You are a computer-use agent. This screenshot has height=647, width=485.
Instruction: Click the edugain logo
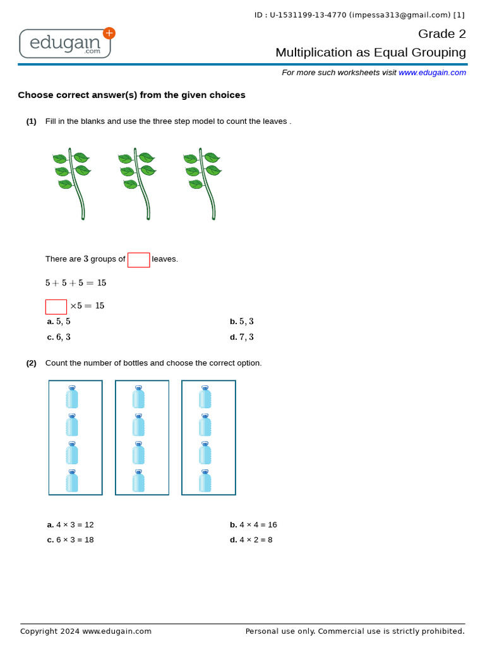click(x=65, y=43)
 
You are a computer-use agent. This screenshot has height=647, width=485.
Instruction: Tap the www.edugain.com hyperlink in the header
click(x=432, y=73)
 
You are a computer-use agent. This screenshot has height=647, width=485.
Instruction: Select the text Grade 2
click(x=441, y=34)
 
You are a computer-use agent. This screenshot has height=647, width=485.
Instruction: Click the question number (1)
click(x=31, y=121)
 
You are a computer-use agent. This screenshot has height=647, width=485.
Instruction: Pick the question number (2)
click(x=31, y=363)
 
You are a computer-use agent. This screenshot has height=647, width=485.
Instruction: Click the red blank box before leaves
click(x=138, y=260)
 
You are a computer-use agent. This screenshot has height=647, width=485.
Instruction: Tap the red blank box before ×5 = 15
click(x=56, y=306)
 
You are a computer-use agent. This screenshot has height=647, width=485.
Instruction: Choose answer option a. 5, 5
click(x=59, y=322)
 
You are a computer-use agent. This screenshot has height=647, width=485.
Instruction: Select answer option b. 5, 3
click(x=242, y=322)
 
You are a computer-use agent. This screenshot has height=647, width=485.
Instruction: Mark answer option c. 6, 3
click(x=59, y=337)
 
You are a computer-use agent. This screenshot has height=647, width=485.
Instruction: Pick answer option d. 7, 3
click(x=242, y=337)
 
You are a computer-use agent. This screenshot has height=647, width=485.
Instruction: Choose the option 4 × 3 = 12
click(x=71, y=525)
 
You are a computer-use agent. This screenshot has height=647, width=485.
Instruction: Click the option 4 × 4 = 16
click(x=254, y=525)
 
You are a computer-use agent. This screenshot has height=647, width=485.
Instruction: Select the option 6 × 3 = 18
click(x=71, y=540)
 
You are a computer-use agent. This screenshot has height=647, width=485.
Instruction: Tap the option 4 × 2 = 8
click(x=251, y=540)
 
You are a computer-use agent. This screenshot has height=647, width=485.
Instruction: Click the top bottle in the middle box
click(x=138, y=397)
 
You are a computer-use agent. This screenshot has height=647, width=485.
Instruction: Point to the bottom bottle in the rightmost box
click(x=205, y=481)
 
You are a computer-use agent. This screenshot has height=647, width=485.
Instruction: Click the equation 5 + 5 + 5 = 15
click(x=76, y=283)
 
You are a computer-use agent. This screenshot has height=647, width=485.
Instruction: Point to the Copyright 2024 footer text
click(x=86, y=631)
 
